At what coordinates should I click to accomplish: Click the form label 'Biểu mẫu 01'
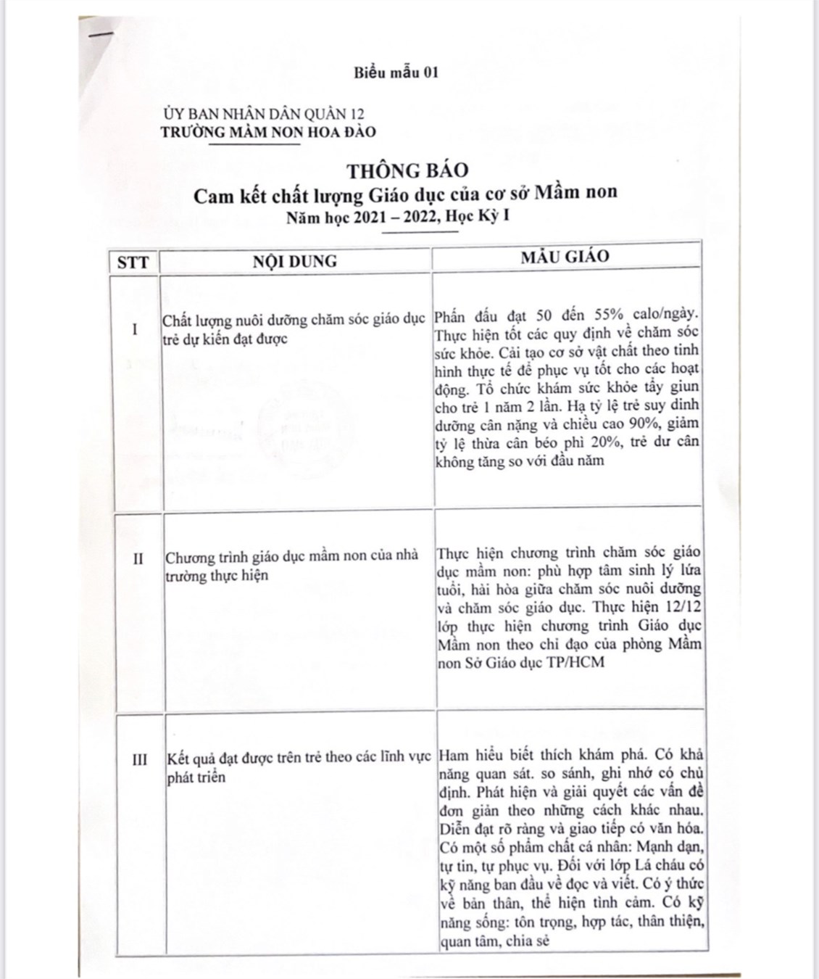(396, 72)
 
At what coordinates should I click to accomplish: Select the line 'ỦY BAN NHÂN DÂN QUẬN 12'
(263, 114)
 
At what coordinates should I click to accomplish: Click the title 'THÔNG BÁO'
(407, 170)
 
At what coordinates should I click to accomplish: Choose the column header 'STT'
(133, 262)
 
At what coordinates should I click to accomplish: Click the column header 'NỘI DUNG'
(294, 261)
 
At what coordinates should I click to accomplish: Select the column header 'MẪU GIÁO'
(565, 257)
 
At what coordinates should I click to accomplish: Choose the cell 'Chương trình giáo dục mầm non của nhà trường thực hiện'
(291, 565)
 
